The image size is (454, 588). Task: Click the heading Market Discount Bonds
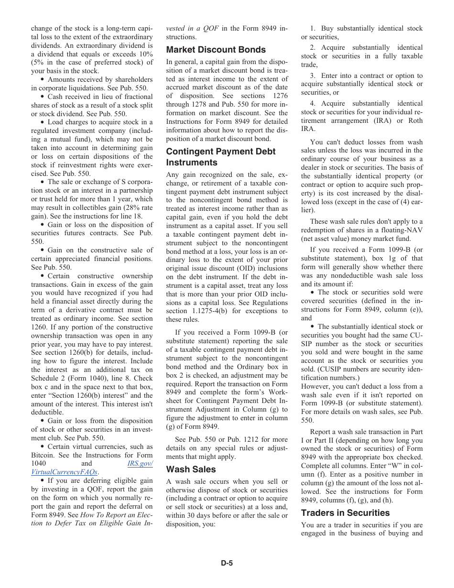point(216,50)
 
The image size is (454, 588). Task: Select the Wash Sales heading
point(191,469)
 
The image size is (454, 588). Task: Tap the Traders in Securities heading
point(345,513)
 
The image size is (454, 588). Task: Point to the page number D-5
point(227,563)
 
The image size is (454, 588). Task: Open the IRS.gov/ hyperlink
point(140,464)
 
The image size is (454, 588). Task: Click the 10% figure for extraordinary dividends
point(143,54)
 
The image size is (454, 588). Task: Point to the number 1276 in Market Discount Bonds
point(280,96)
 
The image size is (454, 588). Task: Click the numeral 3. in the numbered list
point(313,76)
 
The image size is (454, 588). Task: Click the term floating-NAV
point(401,230)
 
